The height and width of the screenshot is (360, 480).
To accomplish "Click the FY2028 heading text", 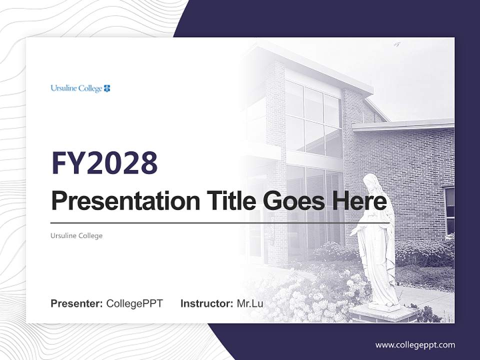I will click(x=104, y=162).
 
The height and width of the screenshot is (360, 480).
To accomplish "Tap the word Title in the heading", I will click(x=227, y=201).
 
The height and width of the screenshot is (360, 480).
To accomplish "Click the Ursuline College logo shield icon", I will click(x=107, y=88).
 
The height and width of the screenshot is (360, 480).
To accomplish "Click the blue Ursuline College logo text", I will click(x=76, y=88).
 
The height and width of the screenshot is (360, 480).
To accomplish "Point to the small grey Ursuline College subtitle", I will click(x=76, y=235).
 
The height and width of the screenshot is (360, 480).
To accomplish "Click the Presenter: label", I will click(x=77, y=303).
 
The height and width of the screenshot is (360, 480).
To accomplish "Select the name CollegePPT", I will click(x=134, y=303).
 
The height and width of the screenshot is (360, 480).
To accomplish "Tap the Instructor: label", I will click(x=206, y=303).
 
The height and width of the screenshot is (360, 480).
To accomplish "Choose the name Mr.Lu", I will click(x=249, y=303).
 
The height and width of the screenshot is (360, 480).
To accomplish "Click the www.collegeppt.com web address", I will click(x=415, y=344).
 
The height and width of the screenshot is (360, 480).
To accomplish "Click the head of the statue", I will click(x=370, y=181).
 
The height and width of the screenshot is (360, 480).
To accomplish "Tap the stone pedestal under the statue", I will click(x=383, y=313).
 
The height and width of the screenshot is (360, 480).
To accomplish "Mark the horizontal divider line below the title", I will click(x=220, y=222).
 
